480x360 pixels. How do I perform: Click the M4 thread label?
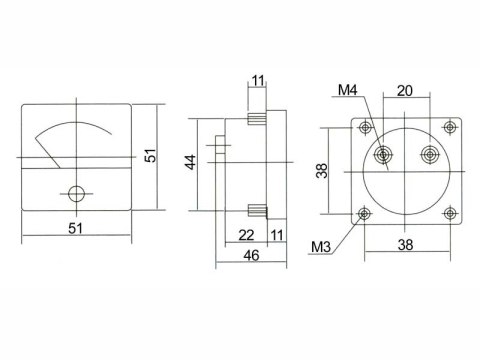pyautogui.click(x=347, y=91)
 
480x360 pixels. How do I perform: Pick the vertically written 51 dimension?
pyautogui.click(x=152, y=158)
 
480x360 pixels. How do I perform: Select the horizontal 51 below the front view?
pyautogui.click(x=75, y=229)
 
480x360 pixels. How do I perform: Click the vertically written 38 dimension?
pyautogui.click(x=322, y=171)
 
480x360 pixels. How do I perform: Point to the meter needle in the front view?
pyautogui.click(x=48, y=153)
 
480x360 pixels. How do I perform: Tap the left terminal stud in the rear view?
pyautogui.click(x=384, y=156)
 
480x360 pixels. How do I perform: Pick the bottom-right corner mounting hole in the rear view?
pyautogui.click(x=449, y=211)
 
